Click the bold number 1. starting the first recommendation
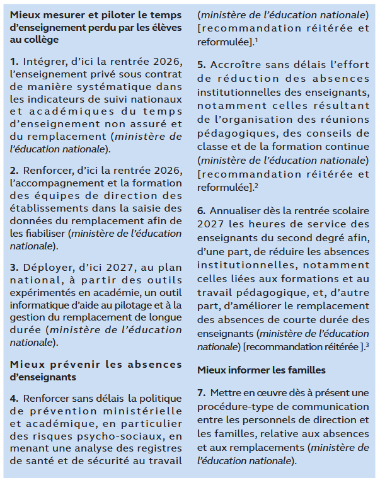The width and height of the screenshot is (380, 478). [14, 61]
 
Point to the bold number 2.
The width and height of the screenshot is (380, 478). [14, 170]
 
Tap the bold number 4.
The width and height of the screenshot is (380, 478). [14, 398]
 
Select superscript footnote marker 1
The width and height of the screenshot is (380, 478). [256, 39]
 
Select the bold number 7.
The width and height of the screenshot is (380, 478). [201, 394]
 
